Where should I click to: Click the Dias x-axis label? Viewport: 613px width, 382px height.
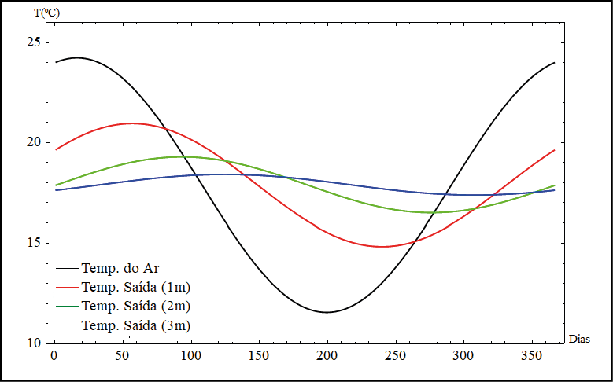[x=578, y=340]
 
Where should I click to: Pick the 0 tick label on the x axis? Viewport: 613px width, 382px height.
[x=54, y=356]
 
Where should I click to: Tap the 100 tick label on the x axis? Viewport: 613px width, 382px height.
[x=190, y=356]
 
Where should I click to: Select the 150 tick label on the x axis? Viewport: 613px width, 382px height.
[x=258, y=356]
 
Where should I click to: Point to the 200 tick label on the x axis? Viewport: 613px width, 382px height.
[x=327, y=356]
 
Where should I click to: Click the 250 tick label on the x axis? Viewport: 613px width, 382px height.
[x=395, y=356]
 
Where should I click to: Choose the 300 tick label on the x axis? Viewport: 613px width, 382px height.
[x=463, y=356]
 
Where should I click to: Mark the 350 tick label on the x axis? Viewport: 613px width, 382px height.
[x=532, y=356]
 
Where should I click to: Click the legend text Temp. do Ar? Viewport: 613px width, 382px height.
[x=120, y=269]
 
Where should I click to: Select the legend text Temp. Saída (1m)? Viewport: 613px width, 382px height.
[x=135, y=287]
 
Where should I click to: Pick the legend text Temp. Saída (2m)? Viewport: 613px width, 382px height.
[x=135, y=306]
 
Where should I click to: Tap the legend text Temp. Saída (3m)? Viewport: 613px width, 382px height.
[x=135, y=325]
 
